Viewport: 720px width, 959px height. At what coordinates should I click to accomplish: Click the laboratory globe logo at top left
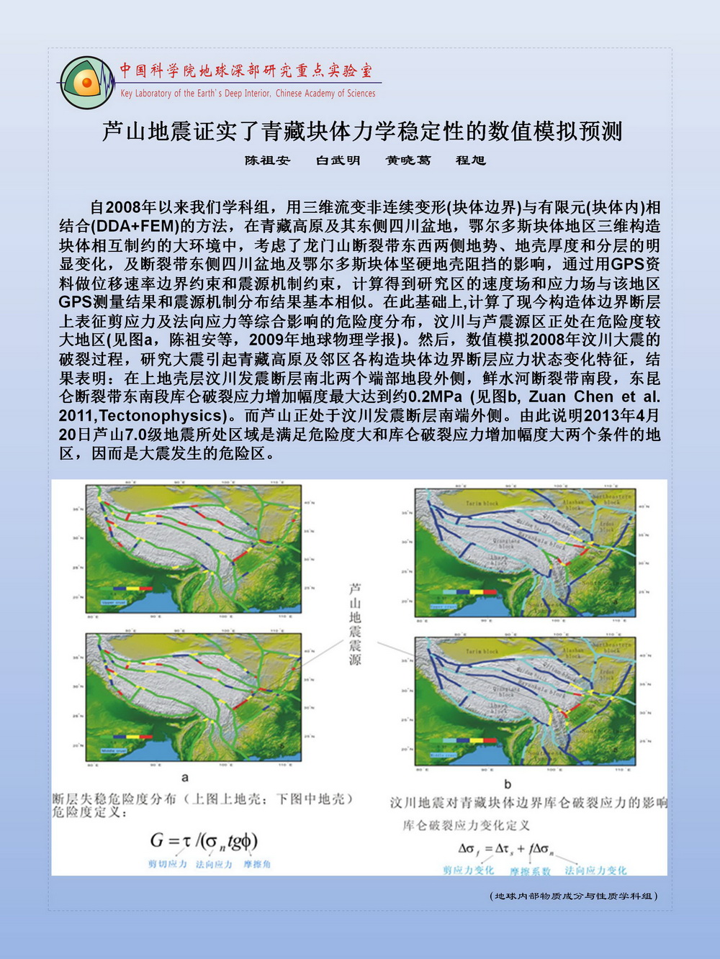click(86, 83)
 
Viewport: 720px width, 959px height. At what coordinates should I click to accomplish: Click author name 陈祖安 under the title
click(267, 160)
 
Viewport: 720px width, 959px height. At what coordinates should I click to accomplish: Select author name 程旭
click(471, 160)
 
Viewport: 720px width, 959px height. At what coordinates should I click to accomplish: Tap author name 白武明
click(338, 160)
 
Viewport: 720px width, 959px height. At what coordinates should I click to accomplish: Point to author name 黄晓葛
click(408, 160)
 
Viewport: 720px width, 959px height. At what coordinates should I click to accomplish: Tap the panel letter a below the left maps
click(185, 777)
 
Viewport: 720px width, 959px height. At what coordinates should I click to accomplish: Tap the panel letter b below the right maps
click(508, 783)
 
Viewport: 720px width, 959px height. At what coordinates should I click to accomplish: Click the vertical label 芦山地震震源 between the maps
click(354, 624)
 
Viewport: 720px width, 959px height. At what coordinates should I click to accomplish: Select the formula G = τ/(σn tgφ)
click(204, 840)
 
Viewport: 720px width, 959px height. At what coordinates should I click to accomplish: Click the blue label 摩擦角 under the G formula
click(257, 864)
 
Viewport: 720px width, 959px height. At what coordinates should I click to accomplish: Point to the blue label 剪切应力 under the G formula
click(167, 864)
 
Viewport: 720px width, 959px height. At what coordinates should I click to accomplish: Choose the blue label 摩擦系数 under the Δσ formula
click(530, 871)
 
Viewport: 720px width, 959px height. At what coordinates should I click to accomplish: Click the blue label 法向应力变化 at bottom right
click(595, 871)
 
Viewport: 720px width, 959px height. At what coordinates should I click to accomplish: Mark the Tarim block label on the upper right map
click(482, 504)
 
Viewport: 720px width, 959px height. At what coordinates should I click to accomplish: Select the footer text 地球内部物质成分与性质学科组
click(574, 896)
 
